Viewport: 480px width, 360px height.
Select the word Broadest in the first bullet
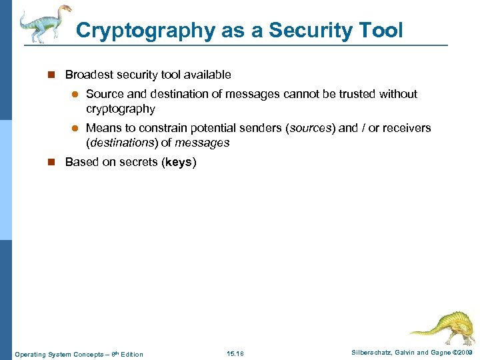(89, 75)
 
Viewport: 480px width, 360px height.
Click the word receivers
(406, 127)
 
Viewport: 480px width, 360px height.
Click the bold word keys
(178, 162)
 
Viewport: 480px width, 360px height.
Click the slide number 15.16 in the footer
(235, 353)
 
